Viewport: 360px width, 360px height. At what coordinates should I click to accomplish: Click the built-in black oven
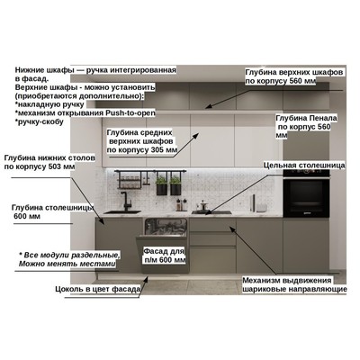click(306, 193)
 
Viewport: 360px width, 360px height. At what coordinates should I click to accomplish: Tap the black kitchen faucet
click(125, 201)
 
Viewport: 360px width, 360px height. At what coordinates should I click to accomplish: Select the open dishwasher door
click(163, 255)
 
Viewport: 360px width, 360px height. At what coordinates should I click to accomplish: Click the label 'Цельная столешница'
click(304, 166)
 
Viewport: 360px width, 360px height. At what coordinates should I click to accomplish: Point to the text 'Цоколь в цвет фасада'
click(98, 289)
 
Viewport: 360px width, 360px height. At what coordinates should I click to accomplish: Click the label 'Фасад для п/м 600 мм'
click(164, 256)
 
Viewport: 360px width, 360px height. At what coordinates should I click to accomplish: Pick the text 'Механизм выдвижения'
click(287, 281)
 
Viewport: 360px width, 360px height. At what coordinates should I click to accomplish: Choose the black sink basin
click(122, 212)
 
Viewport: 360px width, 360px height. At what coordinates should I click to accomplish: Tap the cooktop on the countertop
click(211, 212)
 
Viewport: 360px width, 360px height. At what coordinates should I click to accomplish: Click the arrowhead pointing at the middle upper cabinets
click(195, 136)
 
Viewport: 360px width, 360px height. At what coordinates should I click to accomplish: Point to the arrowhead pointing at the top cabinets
click(209, 106)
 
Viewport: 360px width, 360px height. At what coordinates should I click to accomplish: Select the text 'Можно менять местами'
click(67, 264)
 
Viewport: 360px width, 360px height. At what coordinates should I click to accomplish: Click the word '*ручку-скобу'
click(40, 121)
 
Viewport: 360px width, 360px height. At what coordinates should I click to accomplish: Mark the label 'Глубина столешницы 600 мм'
click(53, 211)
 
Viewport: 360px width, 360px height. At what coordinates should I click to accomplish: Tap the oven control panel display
click(306, 172)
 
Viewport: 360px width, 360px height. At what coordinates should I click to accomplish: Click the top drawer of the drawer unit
click(213, 225)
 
